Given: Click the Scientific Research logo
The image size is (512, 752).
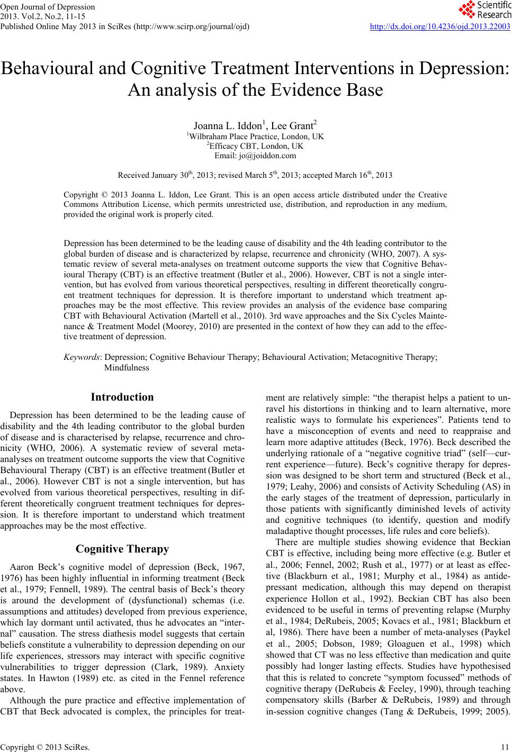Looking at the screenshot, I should pos(484,10).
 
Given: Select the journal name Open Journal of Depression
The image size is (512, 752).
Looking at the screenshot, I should pos(48,7).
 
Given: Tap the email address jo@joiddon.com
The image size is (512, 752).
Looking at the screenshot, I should pos(255,156).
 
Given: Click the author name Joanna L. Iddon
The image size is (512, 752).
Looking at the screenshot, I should pos(228,126).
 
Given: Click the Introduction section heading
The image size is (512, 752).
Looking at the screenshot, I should pos(122,397).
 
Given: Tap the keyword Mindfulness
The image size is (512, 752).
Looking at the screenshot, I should pos(127,367).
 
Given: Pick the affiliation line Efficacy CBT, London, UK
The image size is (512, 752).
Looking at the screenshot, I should pos(256,146).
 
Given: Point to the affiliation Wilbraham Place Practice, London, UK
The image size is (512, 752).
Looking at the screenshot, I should pos(256,137).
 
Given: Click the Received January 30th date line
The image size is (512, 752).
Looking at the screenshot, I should pos(255,174).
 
